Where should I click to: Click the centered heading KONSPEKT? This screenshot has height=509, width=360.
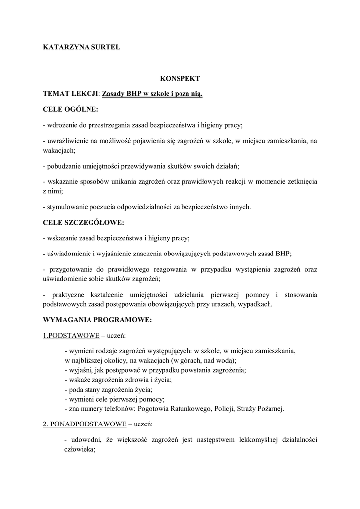(x=180, y=78)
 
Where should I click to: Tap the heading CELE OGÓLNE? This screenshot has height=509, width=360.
(x=71, y=109)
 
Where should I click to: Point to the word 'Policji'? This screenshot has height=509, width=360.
(x=226, y=409)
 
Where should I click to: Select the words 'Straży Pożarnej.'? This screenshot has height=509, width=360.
(x=262, y=409)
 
